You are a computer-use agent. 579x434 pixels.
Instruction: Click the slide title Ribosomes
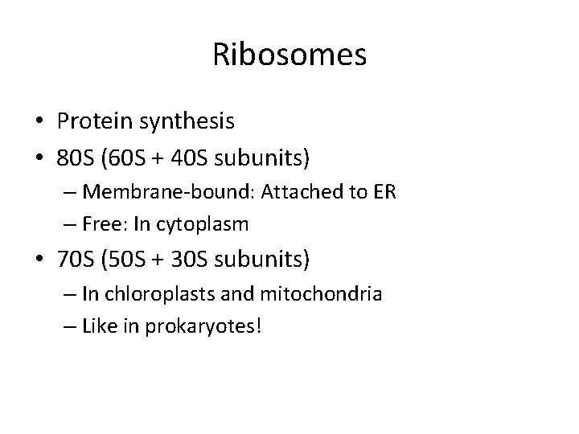pyautogui.click(x=289, y=55)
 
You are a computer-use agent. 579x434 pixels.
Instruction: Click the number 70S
pyautogui.click(x=76, y=260)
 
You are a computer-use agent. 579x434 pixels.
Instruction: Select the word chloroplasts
pyautogui.click(x=166, y=295)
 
